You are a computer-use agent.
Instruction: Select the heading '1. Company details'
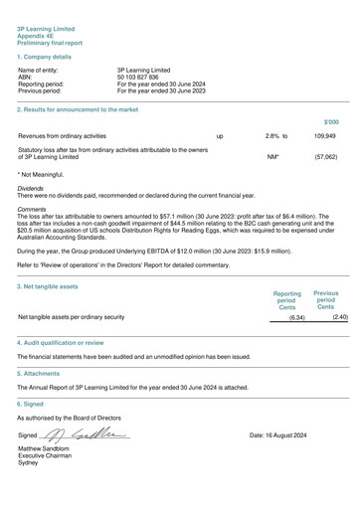coord(46,60)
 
